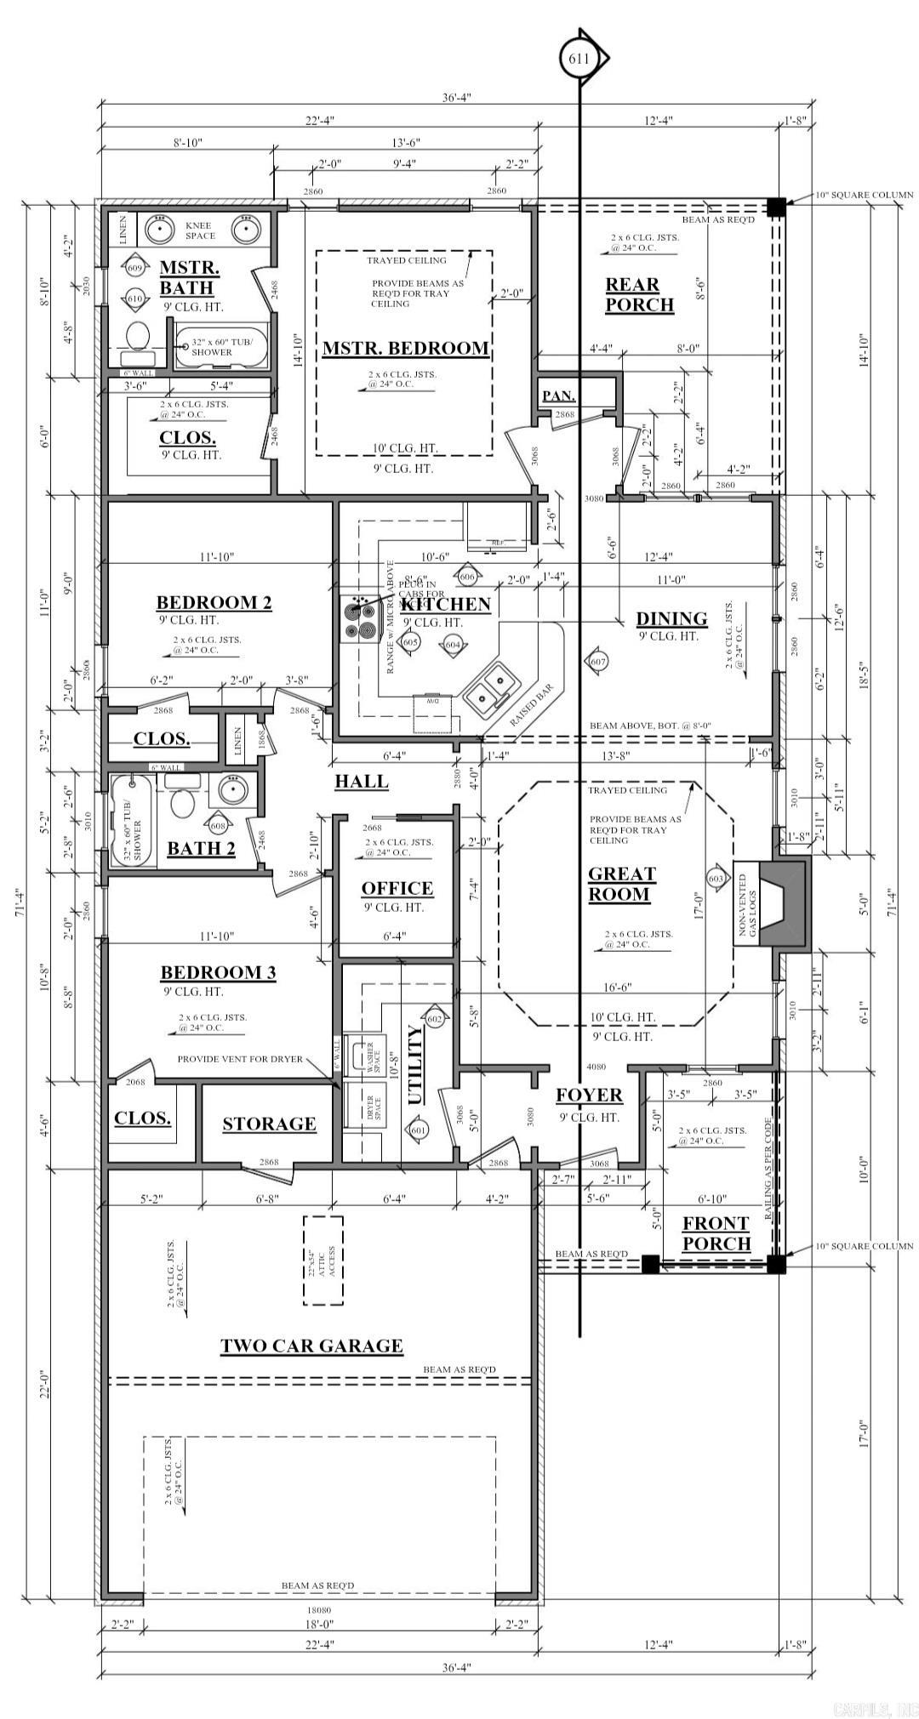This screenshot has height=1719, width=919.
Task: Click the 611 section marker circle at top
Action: point(581,58)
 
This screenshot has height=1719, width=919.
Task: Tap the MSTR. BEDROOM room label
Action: point(405,349)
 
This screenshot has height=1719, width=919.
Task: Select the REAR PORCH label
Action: point(639,294)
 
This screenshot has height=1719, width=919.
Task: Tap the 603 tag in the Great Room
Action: point(716,877)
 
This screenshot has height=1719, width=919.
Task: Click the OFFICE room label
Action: point(397,888)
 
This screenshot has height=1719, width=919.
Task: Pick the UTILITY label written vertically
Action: point(415,1064)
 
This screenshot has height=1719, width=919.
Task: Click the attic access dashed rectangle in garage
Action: point(323,1261)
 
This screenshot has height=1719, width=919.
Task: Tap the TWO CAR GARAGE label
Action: point(311,1346)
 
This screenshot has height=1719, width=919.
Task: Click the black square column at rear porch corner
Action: point(775,207)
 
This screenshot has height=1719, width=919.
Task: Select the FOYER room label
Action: point(589,1096)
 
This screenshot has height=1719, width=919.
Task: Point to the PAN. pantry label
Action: point(559,396)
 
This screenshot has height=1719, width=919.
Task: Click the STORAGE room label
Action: point(269,1124)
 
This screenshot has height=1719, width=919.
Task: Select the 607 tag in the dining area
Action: point(597,661)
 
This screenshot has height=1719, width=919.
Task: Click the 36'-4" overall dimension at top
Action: point(456,98)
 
